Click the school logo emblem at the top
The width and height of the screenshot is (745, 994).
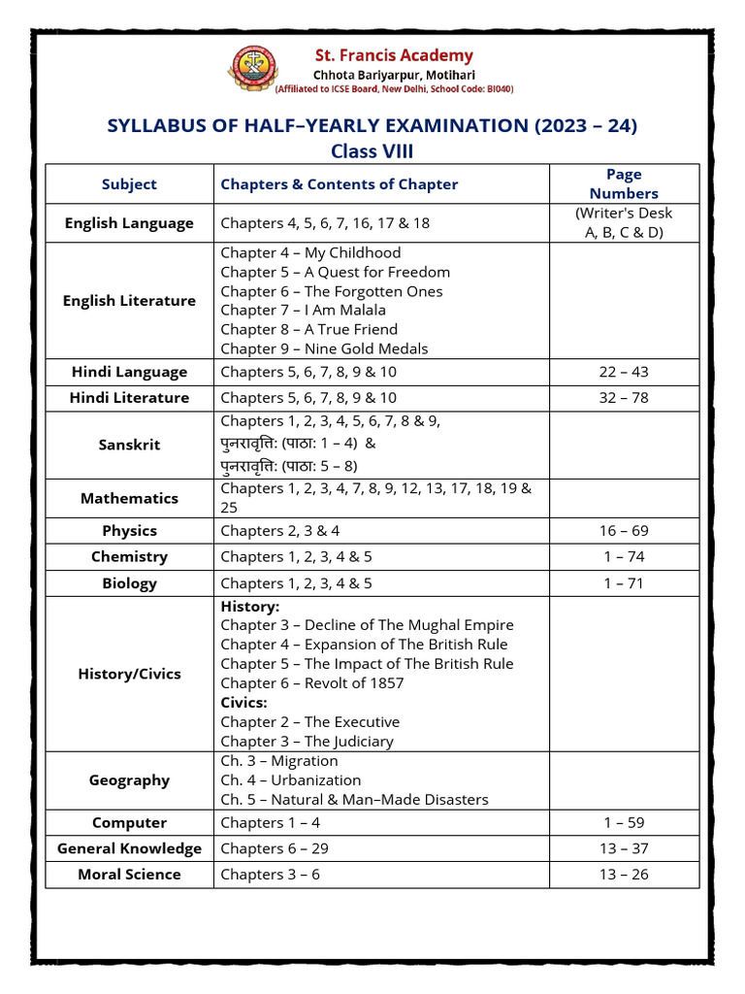pos(250,71)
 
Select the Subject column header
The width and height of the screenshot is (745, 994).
pos(129,184)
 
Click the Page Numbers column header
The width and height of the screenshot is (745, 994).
pos(624,183)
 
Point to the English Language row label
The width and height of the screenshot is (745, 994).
pos(129,223)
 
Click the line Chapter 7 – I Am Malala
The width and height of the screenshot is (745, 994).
pos(303,311)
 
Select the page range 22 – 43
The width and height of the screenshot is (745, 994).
pos(624,372)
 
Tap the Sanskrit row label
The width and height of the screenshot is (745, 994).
pos(129,445)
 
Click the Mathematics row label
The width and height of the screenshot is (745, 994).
pos(129,498)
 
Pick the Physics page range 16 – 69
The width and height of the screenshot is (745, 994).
pos(624,531)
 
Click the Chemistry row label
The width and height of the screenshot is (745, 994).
pos(129,557)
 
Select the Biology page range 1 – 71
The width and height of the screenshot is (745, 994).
pos(624,583)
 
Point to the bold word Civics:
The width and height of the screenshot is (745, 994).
pos(243,703)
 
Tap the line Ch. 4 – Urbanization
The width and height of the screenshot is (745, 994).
pos(290,780)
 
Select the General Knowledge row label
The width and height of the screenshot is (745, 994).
pos(129,848)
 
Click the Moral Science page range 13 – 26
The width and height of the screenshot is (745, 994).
pos(624,875)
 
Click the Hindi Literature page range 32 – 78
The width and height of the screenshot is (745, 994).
pos(624,398)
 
